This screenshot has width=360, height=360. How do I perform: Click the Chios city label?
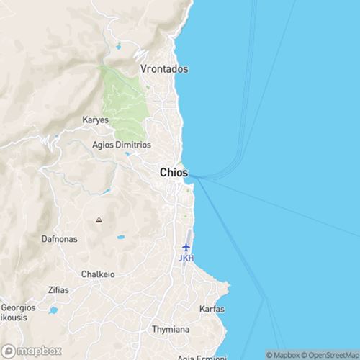(x=174, y=173)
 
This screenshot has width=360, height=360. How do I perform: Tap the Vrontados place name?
(x=163, y=69)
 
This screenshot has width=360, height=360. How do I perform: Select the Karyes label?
(x=95, y=120)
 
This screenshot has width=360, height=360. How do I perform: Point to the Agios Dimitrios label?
(x=122, y=145)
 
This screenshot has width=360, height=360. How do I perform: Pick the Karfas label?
(x=212, y=309)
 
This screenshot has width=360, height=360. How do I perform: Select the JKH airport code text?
(x=186, y=258)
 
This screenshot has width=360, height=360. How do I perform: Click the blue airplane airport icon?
(x=186, y=248)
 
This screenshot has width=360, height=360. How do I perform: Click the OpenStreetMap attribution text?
(x=332, y=355)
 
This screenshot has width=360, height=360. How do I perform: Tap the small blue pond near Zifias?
(x=53, y=311)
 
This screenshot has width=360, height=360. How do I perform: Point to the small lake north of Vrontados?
(x=118, y=47)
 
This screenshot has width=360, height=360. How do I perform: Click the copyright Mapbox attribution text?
(x=284, y=355)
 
